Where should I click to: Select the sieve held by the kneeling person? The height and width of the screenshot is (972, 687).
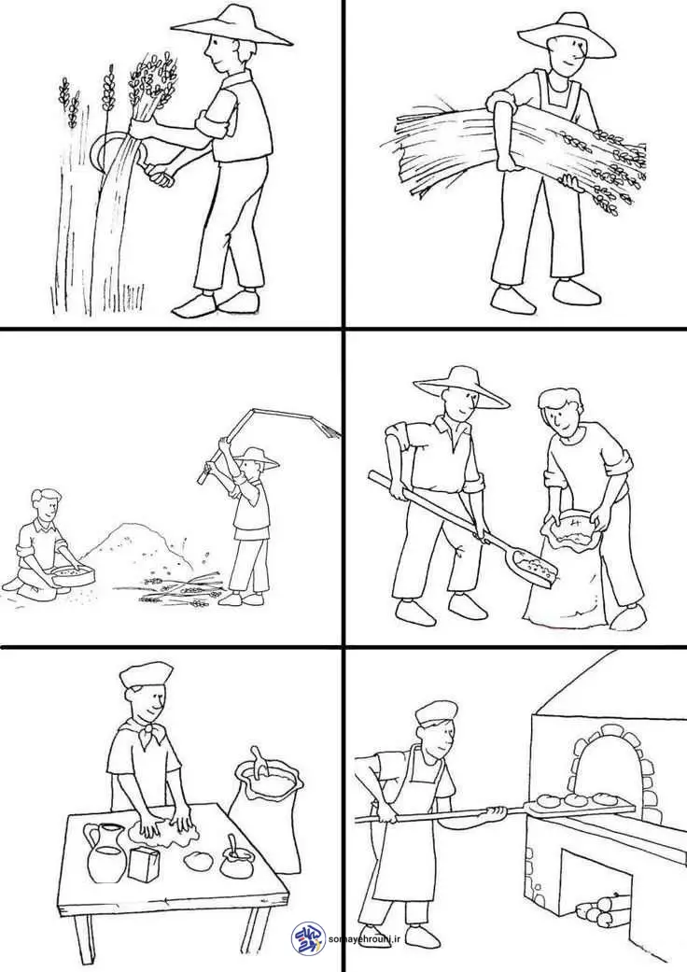(x=70, y=576)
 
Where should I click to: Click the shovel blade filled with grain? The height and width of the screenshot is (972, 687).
(x=535, y=569)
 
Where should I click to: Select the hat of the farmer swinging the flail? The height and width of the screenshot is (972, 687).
(x=256, y=458)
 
